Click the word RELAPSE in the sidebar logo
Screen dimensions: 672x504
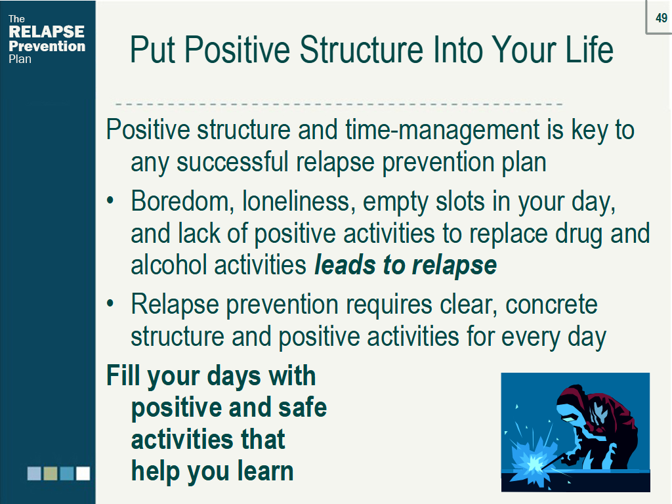(47, 31)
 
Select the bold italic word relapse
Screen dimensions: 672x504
(454, 266)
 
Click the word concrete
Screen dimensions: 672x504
(551, 304)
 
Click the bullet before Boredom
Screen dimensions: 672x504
(110, 200)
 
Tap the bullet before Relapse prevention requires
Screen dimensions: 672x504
(110, 303)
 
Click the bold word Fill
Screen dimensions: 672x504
(123, 375)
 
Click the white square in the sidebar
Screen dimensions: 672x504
(83, 474)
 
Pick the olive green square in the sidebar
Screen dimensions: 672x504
(51, 474)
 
